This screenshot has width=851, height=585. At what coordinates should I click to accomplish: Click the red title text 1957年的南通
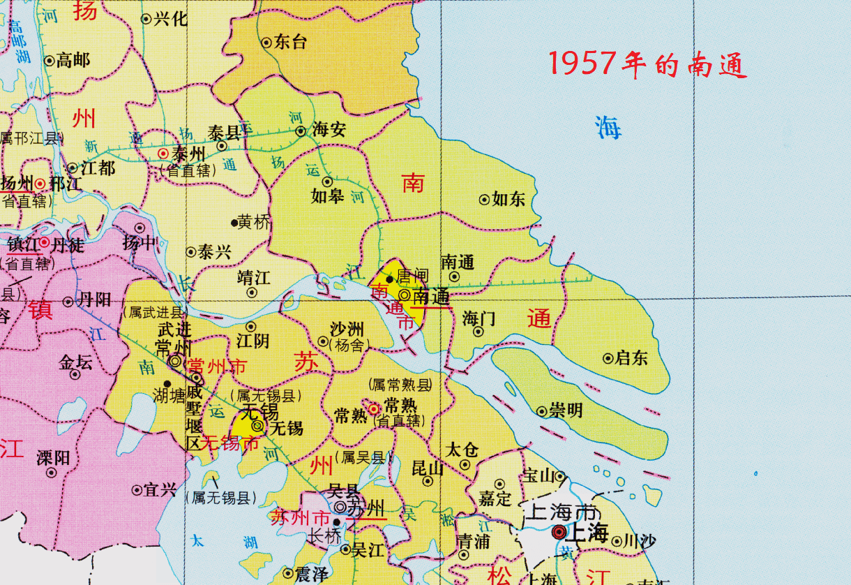647,65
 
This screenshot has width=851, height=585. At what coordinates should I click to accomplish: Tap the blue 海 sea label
608,128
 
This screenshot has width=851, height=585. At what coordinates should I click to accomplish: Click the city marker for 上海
559,533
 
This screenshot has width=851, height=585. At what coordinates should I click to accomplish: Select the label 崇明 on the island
565,411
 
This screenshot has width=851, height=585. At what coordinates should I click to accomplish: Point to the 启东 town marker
608,359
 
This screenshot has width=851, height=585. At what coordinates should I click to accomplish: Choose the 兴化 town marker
146,20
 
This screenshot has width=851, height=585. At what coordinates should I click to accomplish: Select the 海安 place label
329,131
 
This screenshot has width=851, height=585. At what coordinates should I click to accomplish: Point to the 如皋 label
327,196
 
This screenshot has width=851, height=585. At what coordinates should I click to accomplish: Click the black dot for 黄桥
234,223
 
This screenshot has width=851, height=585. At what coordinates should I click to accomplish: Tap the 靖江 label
253,277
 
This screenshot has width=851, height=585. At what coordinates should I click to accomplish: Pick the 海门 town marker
479,332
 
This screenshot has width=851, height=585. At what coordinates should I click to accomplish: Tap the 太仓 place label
462,449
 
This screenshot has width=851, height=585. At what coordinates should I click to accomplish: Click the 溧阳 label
53,458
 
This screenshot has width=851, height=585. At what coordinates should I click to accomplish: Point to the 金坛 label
75,362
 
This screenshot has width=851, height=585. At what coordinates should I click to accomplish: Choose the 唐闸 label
412,276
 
